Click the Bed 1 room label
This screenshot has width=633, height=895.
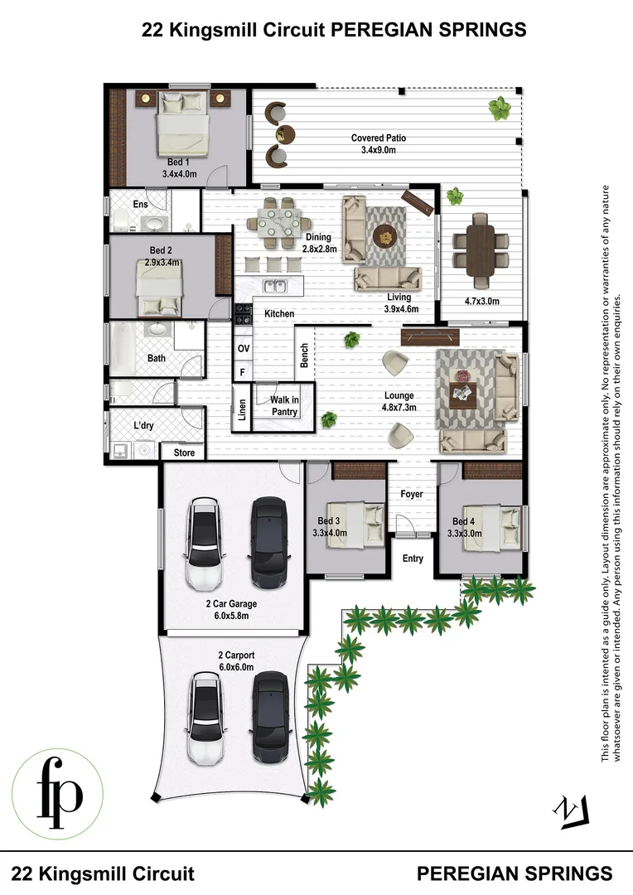click(178, 162)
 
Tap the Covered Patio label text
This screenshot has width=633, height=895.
click(378, 138)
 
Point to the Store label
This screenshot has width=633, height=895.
click(184, 452)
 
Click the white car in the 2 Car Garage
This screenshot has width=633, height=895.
click(205, 542)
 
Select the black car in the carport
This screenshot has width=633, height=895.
click(270, 718)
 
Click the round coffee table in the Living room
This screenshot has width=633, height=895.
click(384, 235)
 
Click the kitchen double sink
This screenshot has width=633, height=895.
click(275, 287)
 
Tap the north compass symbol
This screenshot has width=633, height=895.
click(573, 810)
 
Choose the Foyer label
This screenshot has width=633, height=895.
click(412, 494)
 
